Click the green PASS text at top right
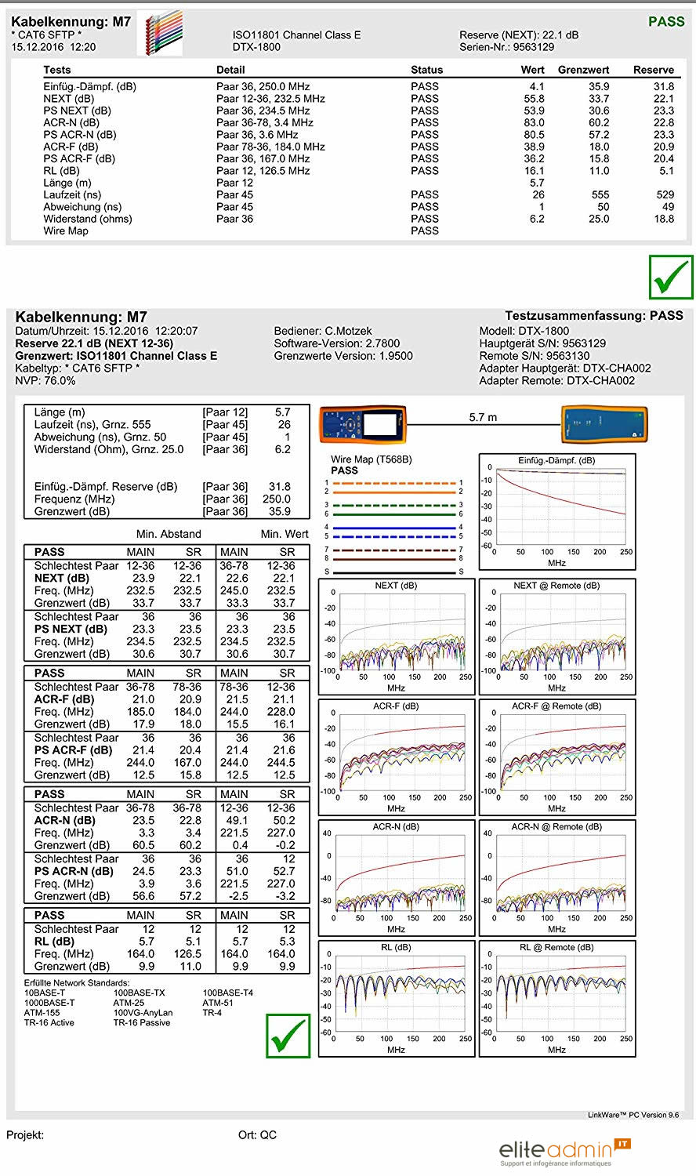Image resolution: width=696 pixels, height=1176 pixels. [x=666, y=22]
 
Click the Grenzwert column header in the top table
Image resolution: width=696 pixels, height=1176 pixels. [x=583, y=70]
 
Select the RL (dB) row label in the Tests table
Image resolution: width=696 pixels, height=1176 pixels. [x=61, y=170]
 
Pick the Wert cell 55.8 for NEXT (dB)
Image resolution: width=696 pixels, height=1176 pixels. [x=534, y=99]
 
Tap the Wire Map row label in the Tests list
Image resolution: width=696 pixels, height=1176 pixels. [x=66, y=230]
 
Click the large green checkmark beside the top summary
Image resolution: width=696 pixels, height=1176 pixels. [x=671, y=277]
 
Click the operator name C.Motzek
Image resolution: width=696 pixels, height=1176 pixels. [x=348, y=331]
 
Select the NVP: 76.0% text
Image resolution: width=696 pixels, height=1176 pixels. [x=45, y=380]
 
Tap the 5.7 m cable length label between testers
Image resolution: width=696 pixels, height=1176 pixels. [x=483, y=417]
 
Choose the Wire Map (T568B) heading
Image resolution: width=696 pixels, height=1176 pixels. [x=371, y=459]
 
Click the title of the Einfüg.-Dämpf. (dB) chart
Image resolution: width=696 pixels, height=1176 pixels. [x=556, y=460]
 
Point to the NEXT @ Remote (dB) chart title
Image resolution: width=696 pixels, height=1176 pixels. [x=556, y=586]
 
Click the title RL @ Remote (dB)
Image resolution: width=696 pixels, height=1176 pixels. [x=556, y=947]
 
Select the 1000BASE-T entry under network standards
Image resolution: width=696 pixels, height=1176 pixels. [x=49, y=1003]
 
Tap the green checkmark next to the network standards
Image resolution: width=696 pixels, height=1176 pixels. [x=288, y=1036]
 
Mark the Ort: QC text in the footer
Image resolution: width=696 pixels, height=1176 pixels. [x=257, y=1134]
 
